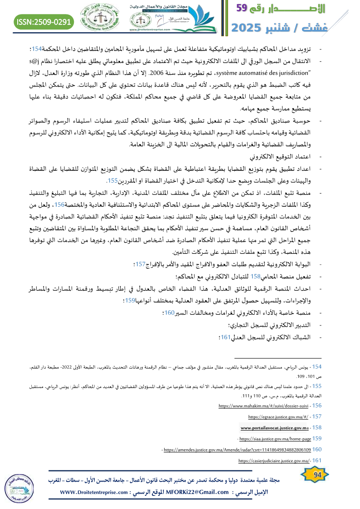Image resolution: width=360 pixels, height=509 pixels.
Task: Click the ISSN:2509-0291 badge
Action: [x=44, y=21]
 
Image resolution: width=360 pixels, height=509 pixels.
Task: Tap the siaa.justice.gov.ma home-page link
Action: [x=275, y=438]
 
